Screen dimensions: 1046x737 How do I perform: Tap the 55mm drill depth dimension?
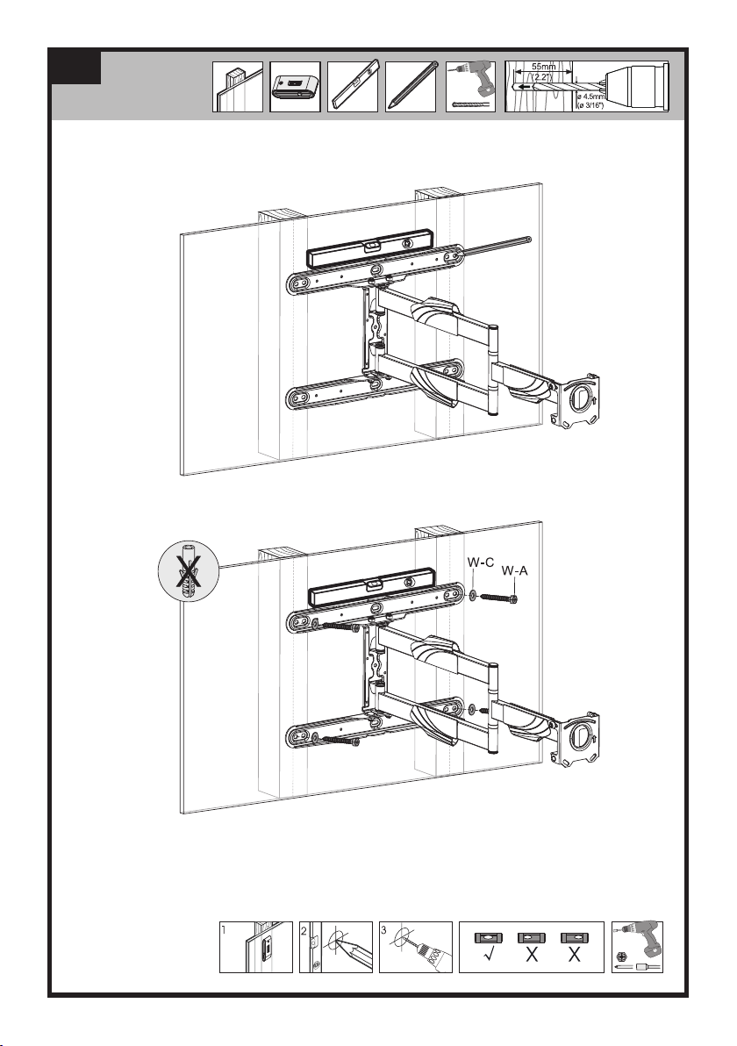tap(541, 67)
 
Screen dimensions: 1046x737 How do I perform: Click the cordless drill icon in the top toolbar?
tap(469, 83)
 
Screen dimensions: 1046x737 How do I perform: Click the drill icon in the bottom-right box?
tap(638, 947)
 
